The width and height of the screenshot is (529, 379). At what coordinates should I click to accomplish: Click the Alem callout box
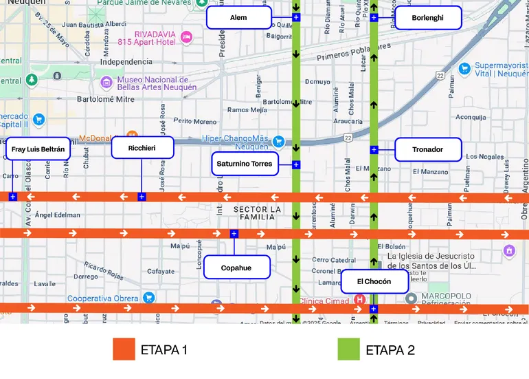pos(238,18)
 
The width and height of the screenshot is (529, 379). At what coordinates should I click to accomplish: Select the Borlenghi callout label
pos(427,18)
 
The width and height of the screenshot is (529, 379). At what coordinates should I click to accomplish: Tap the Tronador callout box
pos(427,149)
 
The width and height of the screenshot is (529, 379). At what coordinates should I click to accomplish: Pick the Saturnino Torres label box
pos(245,164)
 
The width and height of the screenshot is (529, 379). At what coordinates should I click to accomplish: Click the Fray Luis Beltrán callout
pos(38,149)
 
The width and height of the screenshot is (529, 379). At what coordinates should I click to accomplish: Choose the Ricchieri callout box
pos(142,148)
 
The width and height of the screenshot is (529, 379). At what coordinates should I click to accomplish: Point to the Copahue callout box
pos(236,268)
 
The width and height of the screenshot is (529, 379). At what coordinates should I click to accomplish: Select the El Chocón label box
pos(375,281)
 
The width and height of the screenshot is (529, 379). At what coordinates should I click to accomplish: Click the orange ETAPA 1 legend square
pos(124,349)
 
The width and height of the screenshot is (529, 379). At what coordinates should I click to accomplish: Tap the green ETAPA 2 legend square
pos(349,349)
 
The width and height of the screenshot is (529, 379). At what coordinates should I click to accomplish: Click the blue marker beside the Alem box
pos(296,17)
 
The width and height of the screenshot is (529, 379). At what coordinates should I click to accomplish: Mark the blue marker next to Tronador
pos(374,149)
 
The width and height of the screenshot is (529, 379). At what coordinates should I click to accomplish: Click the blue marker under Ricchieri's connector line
pos(142,197)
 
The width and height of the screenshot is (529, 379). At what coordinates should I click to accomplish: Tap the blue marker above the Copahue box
pos(234,234)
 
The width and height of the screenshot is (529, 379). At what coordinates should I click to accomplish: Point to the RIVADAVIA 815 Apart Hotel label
pos(165,38)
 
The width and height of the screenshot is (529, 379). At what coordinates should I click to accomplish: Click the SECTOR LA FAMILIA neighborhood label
pos(258,213)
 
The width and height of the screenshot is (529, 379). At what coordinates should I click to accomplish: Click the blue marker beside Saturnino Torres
pos(296,164)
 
